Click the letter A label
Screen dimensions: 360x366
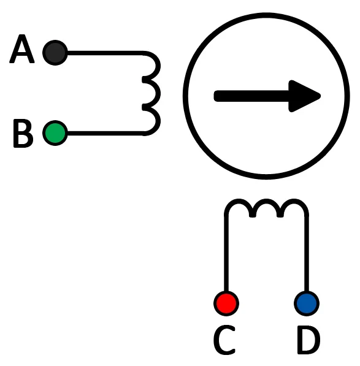tap(22, 49)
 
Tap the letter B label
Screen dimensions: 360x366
tap(23, 133)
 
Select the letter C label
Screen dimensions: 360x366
tap(224, 340)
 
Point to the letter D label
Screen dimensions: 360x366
tap(308, 340)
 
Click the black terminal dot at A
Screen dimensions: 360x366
tap(55, 53)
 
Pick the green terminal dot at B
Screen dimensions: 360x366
tap(55, 133)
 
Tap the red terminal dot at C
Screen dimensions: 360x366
tap(226, 303)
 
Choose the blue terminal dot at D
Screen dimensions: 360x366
tap(307, 303)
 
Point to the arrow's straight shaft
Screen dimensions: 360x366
tap(251, 96)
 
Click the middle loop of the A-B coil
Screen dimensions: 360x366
tap(158, 93)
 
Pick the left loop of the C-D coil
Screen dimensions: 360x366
tap(238, 202)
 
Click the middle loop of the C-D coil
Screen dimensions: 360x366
tap(266, 202)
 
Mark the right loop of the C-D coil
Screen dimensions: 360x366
tap(294, 202)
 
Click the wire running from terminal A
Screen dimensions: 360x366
tap(105, 53)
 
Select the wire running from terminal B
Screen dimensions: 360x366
tap(105, 133)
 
